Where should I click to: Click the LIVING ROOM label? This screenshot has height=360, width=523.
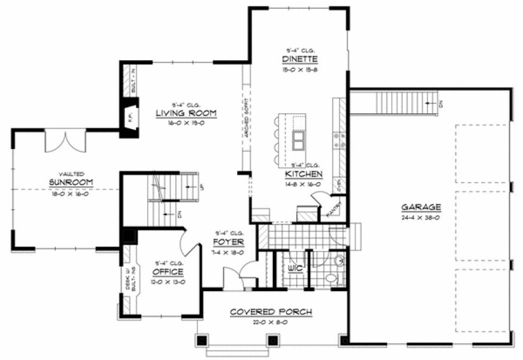[x=186, y=113]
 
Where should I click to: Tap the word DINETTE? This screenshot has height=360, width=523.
[x=299, y=59]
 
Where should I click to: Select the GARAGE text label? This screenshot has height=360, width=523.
[x=420, y=207]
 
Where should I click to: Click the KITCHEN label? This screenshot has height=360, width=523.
[x=304, y=174]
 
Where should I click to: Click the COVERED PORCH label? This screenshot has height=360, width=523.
[x=271, y=312]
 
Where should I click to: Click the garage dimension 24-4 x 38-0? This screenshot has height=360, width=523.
[x=421, y=217]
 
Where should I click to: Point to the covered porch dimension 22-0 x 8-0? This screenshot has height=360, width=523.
[x=271, y=322]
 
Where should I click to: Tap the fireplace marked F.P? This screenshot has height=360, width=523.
[x=130, y=115]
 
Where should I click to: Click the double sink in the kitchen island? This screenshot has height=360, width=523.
[x=298, y=140]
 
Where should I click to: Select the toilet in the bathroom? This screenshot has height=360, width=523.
[x=330, y=279]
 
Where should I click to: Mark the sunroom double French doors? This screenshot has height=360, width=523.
[x=65, y=142]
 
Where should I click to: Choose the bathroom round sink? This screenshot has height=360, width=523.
[x=339, y=261]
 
